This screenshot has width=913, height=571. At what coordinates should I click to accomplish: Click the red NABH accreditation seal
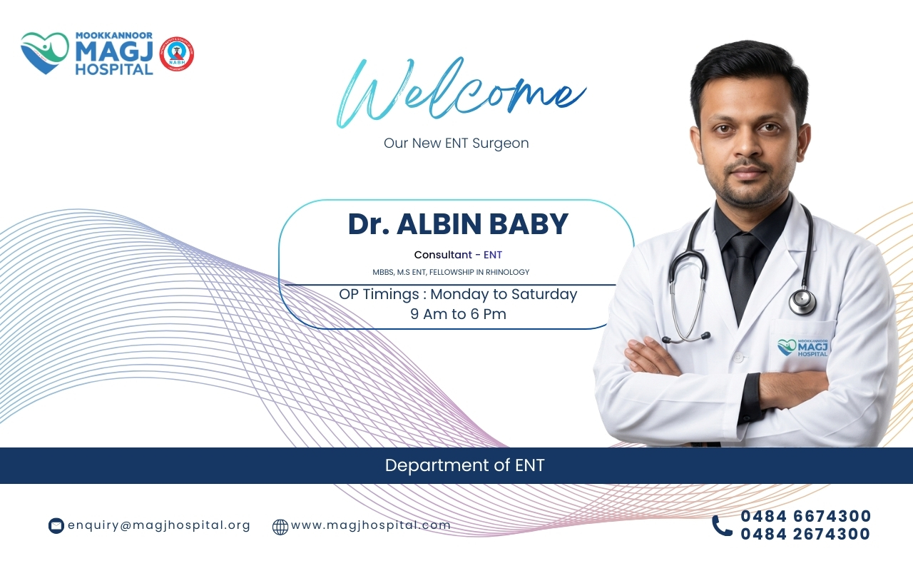[176, 54]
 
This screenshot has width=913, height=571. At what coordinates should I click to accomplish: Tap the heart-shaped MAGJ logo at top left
[45, 53]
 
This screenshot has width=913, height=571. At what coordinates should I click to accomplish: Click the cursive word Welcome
[461, 93]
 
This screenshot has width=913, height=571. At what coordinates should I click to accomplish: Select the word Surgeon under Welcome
[501, 143]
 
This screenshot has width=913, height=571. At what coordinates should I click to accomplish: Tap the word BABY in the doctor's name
[529, 224]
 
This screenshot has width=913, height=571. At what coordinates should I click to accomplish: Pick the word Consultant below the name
[443, 255]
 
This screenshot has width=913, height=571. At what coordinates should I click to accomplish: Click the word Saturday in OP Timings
[544, 295]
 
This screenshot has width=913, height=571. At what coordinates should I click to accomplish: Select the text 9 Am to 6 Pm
[458, 314]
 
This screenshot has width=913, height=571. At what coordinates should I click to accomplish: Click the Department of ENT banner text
[464, 465]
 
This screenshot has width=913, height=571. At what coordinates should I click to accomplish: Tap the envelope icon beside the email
[56, 526]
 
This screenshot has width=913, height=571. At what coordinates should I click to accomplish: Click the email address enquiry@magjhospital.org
[159, 525]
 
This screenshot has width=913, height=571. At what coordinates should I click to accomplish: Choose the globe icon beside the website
[280, 527]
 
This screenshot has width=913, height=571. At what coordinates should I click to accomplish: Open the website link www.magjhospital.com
[371, 525]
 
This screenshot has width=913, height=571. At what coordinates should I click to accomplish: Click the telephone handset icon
[723, 525]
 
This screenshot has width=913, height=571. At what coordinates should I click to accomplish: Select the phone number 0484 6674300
[806, 516]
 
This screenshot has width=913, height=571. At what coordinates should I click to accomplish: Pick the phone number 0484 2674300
[805, 534]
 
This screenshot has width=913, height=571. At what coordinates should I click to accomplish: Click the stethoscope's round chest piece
[802, 301]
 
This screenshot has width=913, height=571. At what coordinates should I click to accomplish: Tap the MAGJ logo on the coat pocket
[802, 348]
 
